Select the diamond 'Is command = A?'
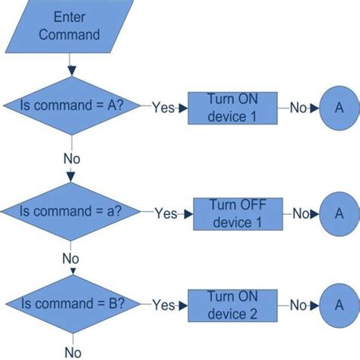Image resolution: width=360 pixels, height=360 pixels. pos(72,107)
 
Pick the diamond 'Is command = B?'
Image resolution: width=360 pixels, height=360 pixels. pos(72,304)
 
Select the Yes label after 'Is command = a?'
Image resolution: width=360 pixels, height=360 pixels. pos(166,214)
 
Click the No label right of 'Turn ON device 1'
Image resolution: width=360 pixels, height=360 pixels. pos(298,108)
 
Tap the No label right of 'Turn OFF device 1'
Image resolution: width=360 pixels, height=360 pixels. pos(302,214)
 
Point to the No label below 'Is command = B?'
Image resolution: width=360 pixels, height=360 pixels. pos(71,352)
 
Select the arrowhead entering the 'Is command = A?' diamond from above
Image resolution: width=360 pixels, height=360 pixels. pos(72,71)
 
